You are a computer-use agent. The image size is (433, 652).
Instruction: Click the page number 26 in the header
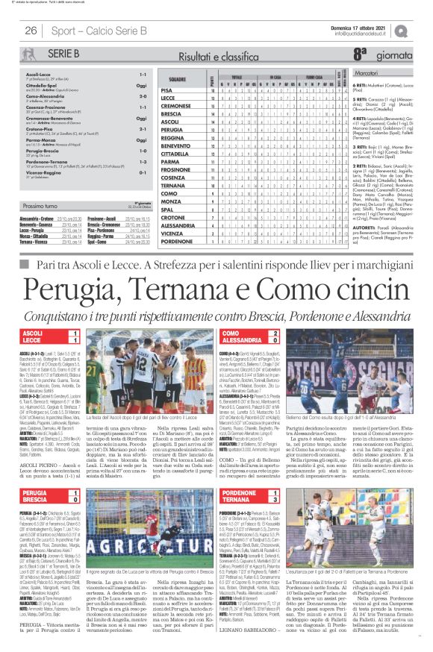click(31, 31)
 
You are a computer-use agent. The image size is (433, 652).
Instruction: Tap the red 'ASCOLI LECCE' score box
click(52, 335)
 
